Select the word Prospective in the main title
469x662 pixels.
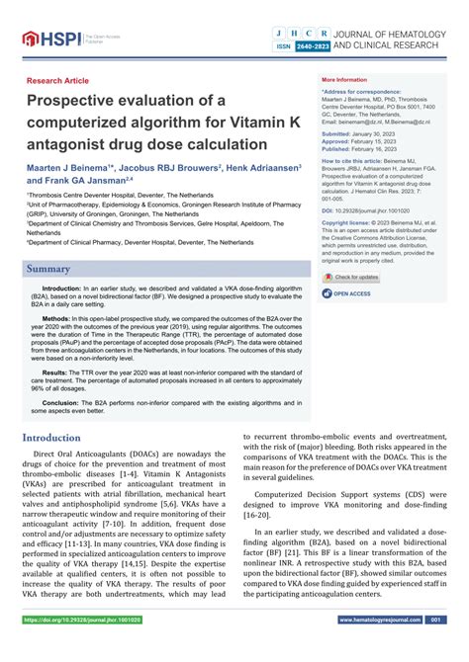pos(84,102)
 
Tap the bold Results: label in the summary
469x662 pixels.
pos(55,372)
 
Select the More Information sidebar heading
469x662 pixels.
pos(343,80)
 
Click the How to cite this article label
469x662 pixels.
pos(351,159)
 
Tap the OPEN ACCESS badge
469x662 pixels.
pos(352,293)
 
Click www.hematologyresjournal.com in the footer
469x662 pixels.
pos(381,647)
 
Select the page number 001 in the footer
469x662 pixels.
pos(437,647)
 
